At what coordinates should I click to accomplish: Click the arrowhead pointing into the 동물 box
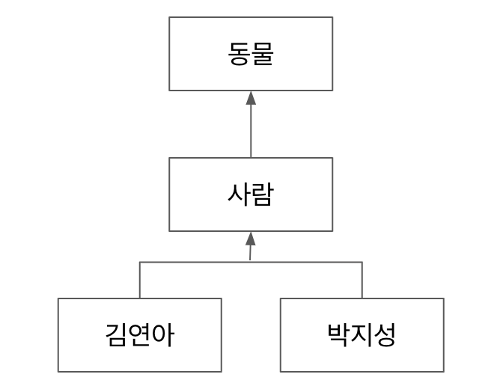[251, 97]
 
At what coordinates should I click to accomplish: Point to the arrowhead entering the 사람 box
[251, 239]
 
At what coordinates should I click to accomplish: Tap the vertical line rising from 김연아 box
[140, 280]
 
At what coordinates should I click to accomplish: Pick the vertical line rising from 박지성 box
[362, 280]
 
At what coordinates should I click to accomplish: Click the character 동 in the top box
[240, 54]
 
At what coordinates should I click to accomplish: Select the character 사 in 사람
[239, 194]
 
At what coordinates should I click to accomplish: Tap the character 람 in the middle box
[262, 194]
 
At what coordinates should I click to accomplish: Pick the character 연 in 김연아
[139, 334]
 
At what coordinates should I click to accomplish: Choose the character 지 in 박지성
[362, 334]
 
